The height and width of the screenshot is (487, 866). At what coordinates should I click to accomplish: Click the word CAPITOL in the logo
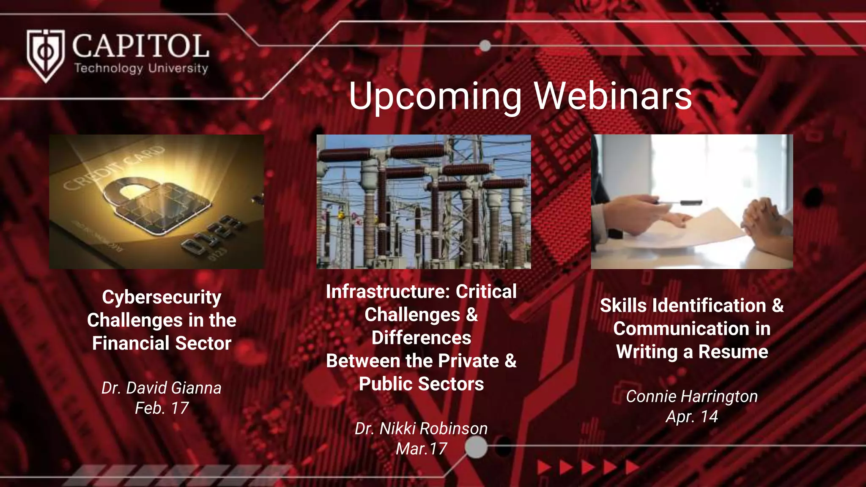tap(140, 47)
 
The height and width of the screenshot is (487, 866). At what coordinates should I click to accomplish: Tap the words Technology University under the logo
tap(141, 68)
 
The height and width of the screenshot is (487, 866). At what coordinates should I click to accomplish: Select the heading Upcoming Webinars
tap(520, 96)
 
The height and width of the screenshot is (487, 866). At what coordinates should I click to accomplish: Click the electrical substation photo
tap(424, 202)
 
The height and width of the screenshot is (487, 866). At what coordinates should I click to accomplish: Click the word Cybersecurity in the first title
tap(162, 297)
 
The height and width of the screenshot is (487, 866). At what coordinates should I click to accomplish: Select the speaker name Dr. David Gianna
tap(162, 388)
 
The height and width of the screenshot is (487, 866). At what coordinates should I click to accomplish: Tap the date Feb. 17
tap(162, 408)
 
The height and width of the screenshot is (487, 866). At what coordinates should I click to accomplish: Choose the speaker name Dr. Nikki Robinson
tap(421, 429)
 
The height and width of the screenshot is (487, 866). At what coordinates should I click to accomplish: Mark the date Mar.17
tap(421, 449)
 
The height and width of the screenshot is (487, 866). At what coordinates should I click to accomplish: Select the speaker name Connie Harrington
tap(692, 397)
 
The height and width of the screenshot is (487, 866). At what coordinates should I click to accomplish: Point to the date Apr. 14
tap(692, 417)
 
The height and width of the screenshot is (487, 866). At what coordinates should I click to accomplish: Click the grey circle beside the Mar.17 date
tap(476, 447)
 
